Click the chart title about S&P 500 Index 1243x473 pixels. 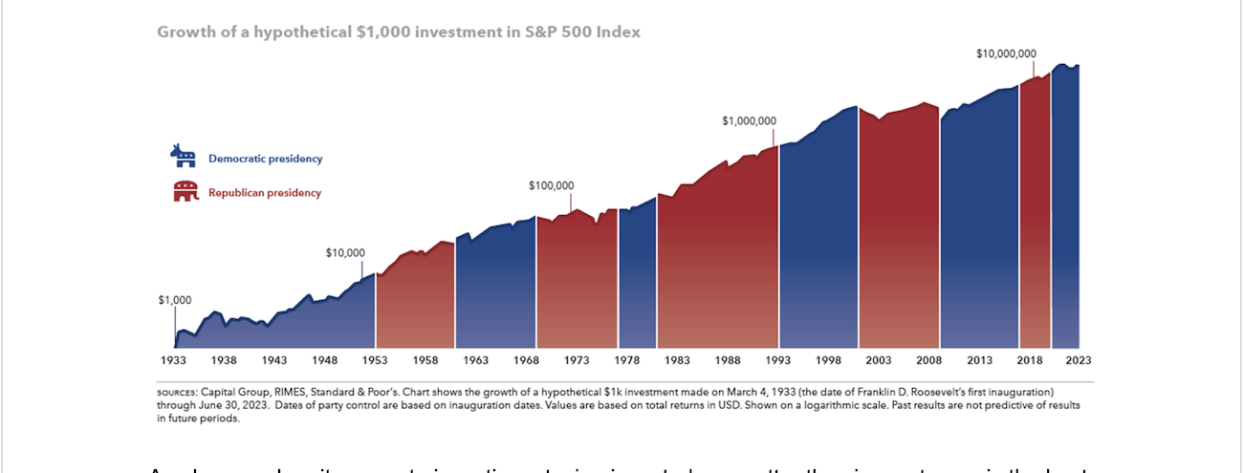(398, 32)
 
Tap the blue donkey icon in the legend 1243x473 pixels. (183, 156)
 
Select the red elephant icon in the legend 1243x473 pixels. (185, 191)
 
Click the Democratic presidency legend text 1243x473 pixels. (265, 159)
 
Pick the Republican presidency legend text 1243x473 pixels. (265, 193)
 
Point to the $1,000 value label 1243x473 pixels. (175, 300)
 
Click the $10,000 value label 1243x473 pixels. (345, 253)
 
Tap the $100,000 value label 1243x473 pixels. (551, 185)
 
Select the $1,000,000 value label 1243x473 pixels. (749, 121)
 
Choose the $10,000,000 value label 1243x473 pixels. (1007, 54)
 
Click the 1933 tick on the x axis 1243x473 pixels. (173, 360)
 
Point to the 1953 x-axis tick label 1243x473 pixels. (375, 360)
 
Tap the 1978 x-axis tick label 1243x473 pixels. (627, 360)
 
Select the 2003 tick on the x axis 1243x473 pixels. (878, 360)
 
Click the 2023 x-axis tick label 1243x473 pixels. (1079, 360)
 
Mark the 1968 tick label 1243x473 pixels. (526, 360)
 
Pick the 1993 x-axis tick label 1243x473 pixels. (777, 360)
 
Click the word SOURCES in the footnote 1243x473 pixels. (178, 392)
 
